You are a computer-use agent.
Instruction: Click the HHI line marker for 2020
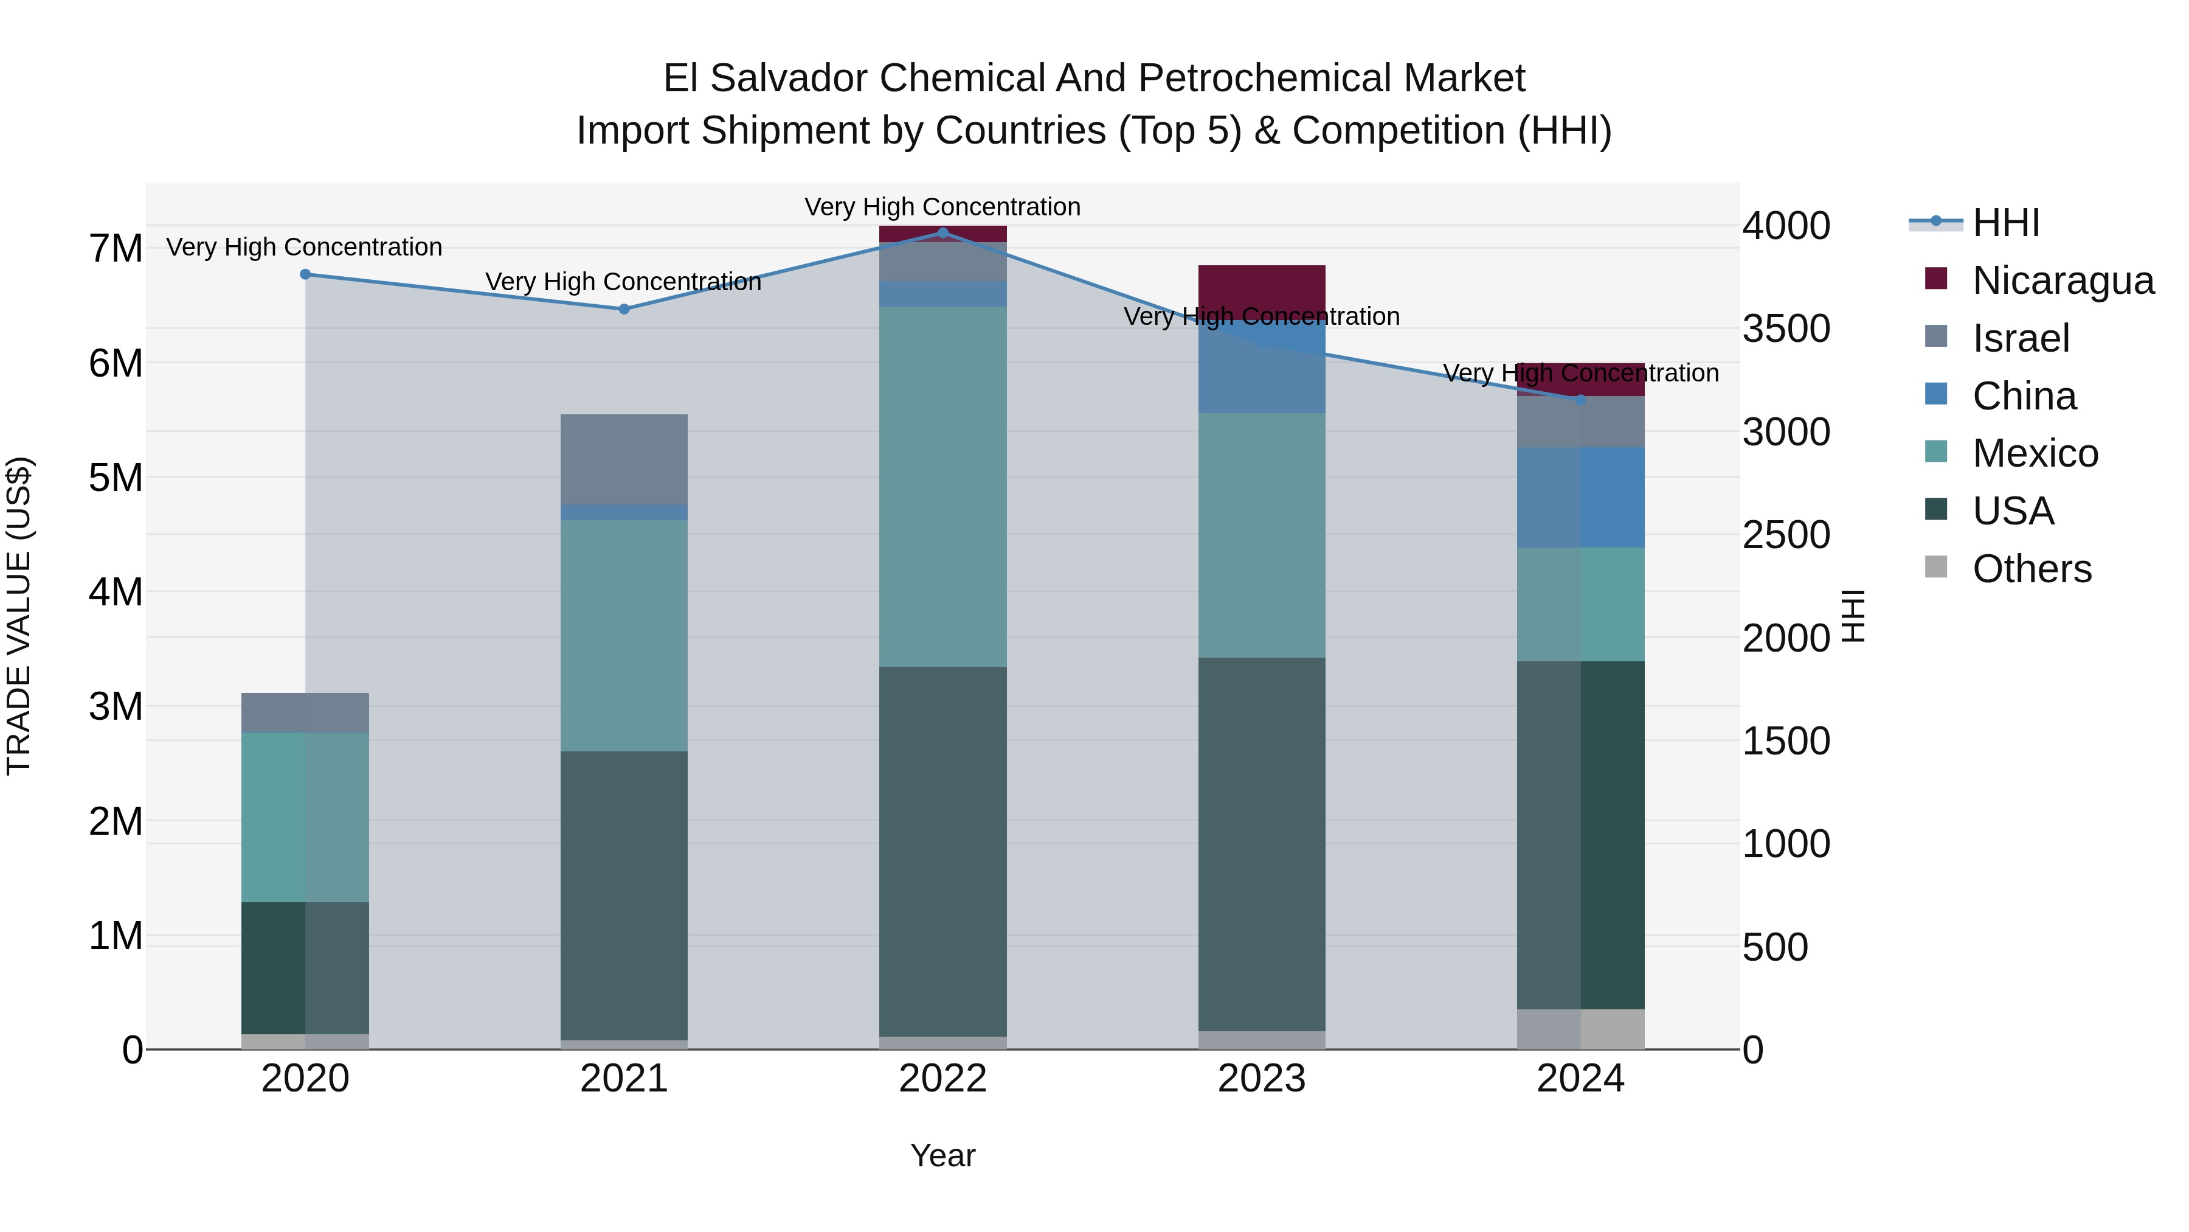(305, 274)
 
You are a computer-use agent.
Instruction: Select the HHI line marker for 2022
(942, 232)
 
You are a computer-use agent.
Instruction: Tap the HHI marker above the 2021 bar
(624, 308)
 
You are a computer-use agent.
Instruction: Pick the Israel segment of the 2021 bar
(624, 459)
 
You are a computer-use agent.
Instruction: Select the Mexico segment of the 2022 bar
(942, 485)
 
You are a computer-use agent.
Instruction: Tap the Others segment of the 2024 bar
(1580, 1029)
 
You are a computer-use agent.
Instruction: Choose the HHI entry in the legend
(2005, 223)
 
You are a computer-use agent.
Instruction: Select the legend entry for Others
(2031, 569)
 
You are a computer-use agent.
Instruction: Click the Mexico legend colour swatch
(1936, 451)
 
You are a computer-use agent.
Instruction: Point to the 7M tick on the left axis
(116, 248)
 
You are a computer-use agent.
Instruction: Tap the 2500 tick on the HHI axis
(1785, 535)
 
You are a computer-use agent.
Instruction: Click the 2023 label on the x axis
(1261, 1079)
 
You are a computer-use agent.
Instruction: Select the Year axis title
(942, 1155)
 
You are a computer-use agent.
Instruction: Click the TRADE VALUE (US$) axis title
(19, 616)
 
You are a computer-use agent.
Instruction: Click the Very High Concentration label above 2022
(942, 207)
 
